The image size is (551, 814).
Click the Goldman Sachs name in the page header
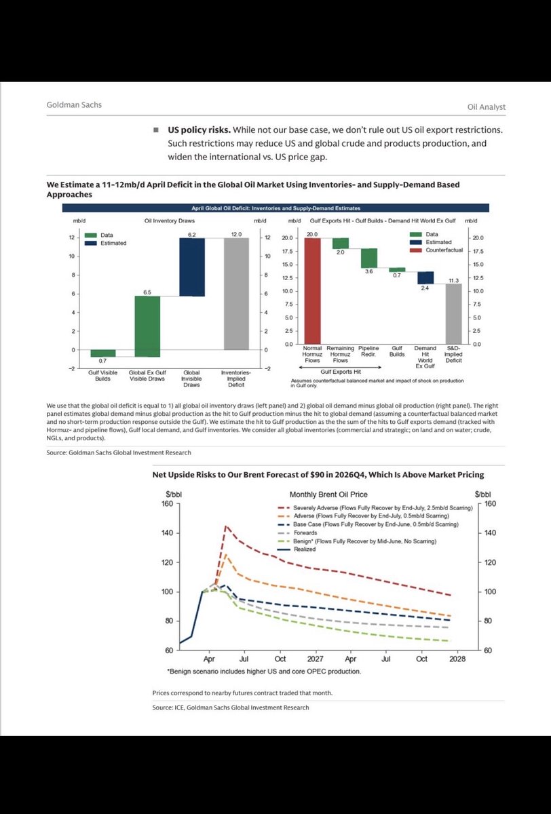click(74, 106)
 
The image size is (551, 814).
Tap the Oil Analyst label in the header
click(487, 106)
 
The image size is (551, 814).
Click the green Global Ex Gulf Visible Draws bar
click(147, 326)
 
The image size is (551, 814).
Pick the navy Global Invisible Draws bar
click(192, 267)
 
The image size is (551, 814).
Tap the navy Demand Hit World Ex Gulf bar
click(425, 277)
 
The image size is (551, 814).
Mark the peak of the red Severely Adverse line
click(226, 526)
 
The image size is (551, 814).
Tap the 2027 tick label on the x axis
click(315, 659)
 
